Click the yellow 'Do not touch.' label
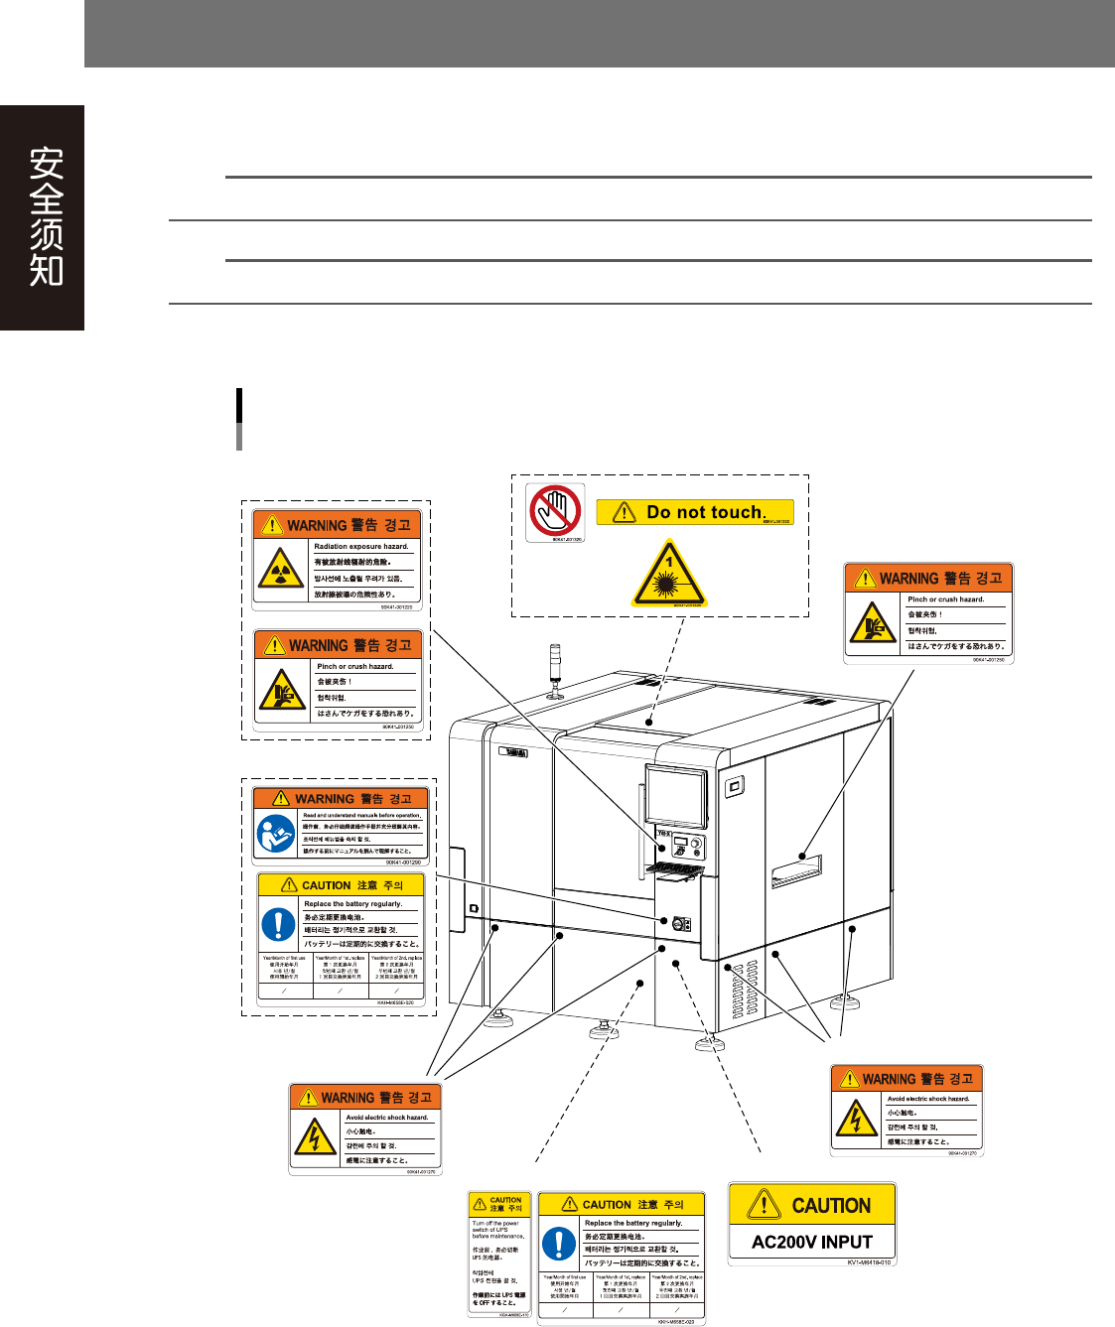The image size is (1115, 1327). tap(695, 512)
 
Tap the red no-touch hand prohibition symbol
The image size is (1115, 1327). tap(554, 510)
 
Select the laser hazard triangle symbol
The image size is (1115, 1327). tap(669, 575)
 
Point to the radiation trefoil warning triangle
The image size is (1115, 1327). tap(281, 569)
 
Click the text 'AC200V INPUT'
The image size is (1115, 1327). tap(811, 1242)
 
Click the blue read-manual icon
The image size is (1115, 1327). tap(276, 834)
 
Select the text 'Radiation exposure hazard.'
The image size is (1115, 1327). tap(360, 546)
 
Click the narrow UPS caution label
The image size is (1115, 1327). tap(499, 1255)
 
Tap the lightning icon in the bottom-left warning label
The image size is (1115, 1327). tap(315, 1136)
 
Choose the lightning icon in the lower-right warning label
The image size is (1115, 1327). tap(856, 1119)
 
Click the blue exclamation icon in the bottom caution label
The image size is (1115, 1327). tap(559, 1244)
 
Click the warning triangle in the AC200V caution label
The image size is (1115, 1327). tap(764, 1205)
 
